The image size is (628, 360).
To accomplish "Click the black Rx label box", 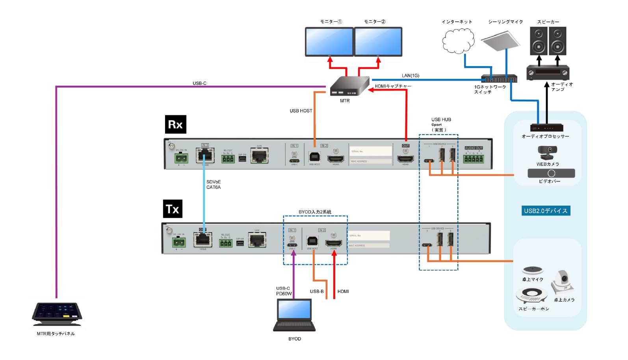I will pos(175,124).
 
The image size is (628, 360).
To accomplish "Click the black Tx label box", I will pos(173,209).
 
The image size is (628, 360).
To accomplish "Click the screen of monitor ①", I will pos(330,41).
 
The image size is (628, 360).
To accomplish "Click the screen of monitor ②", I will pos(378,41).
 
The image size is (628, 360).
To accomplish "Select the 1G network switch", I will pos(499,78).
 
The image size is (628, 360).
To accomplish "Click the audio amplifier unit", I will pos(548,73).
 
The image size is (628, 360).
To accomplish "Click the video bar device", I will pos(551,173).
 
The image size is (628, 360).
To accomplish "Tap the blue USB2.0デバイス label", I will pos(546,211).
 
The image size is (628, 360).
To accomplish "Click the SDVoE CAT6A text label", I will pos(214,184).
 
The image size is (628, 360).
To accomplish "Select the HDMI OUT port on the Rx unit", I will pos(405,159).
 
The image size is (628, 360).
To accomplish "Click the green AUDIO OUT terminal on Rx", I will pos(474,159).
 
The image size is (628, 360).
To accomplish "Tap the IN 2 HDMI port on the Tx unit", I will pos(333,243).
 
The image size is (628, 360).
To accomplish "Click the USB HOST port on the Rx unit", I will pos(314,158).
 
